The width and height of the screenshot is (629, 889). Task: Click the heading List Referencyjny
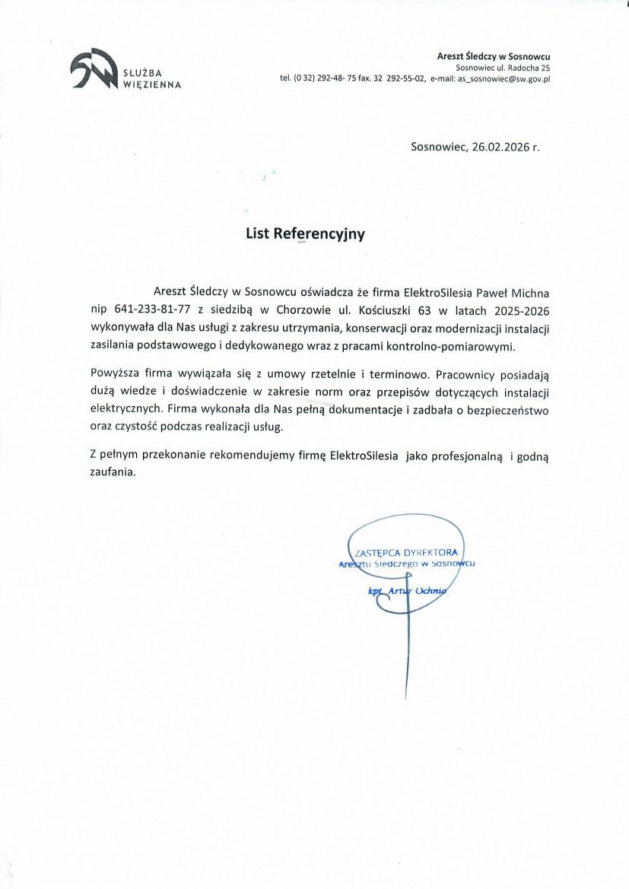tap(305, 234)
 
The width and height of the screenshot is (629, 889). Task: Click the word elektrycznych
tap(122, 409)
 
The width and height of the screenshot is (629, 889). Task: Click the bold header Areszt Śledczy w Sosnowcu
tap(493, 56)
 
